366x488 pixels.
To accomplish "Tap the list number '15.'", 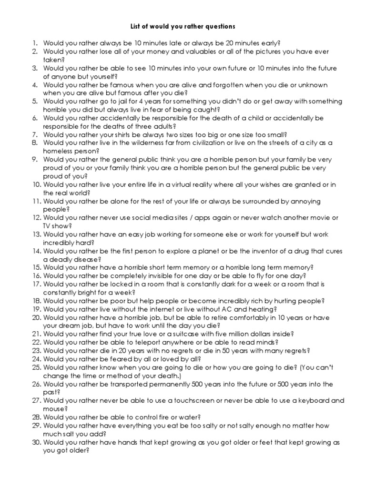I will click(x=37, y=268).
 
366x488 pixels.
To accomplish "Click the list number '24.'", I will click(x=37, y=359).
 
